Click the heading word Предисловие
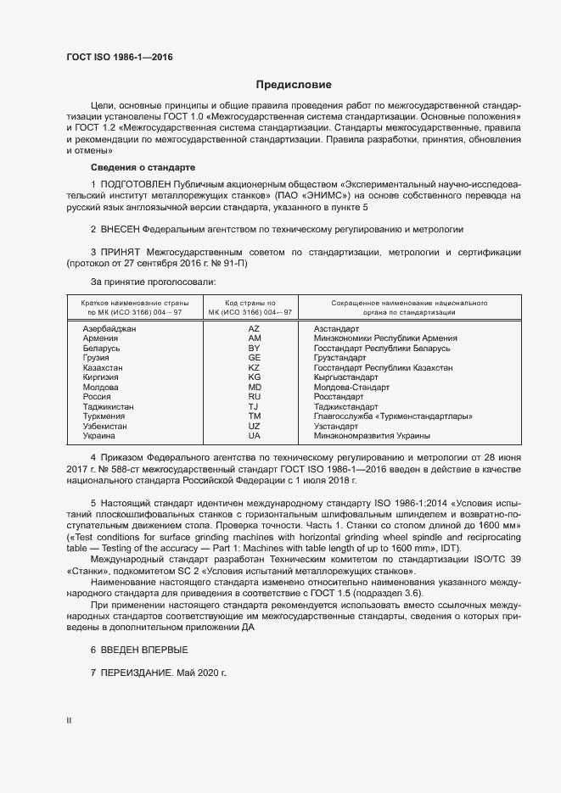tap(294, 85)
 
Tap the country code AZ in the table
tap(254, 328)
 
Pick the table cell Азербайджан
tap(109, 328)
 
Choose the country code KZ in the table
tap(254, 368)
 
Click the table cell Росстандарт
tap(338, 397)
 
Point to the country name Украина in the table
tap(98, 436)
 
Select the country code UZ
tap(254, 427)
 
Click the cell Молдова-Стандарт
tap(351, 388)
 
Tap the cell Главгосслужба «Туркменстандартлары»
tap(392, 416)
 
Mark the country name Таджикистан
tap(108, 407)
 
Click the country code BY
tap(254, 349)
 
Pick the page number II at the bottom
tap(70, 720)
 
